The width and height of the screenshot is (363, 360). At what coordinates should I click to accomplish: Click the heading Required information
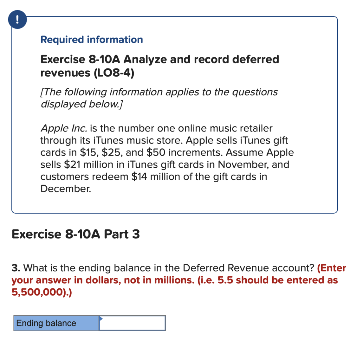click(91, 39)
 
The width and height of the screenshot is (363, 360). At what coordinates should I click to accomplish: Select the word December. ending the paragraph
click(66, 189)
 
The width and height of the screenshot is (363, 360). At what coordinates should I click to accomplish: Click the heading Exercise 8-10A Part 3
click(76, 234)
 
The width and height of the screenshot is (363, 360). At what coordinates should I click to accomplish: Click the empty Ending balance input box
click(132, 323)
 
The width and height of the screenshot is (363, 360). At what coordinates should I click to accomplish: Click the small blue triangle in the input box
click(101, 319)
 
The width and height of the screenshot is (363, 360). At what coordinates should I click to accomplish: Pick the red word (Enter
click(331, 268)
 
